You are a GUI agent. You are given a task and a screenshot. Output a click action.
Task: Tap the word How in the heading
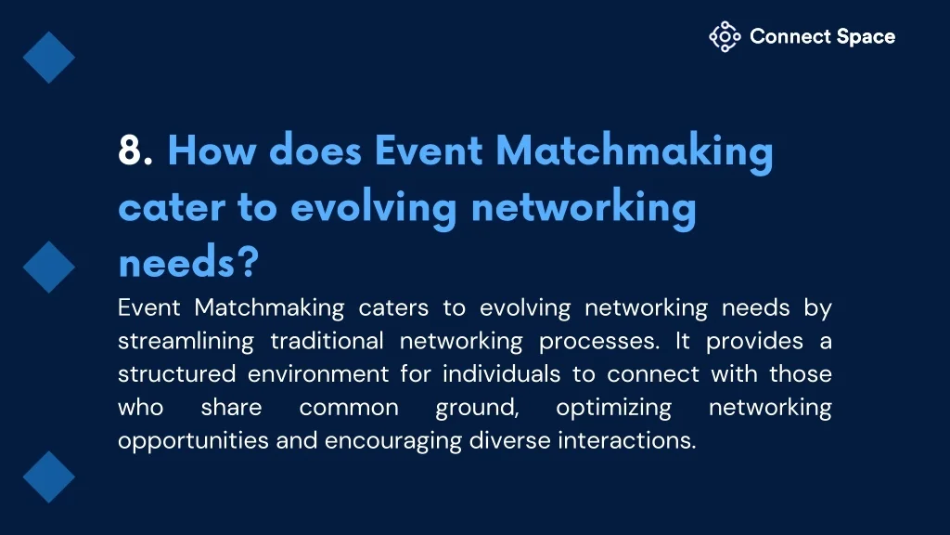coord(212,150)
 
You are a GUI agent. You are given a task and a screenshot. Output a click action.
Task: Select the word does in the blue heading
coord(315,150)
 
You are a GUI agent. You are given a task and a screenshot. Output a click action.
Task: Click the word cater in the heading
coord(172,207)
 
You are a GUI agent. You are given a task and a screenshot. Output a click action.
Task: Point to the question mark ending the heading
coord(248,263)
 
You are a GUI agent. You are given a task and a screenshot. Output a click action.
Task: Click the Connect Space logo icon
coord(725,36)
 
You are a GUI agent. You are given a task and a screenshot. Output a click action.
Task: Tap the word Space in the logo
coord(866,36)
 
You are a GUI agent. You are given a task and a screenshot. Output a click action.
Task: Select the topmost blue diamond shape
coord(49,58)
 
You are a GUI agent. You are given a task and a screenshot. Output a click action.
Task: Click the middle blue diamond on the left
coord(49,267)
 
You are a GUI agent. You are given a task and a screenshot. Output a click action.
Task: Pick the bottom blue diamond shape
coord(49,476)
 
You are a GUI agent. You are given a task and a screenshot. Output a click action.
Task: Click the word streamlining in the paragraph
coord(186,342)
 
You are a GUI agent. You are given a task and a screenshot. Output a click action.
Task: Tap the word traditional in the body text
coord(327,341)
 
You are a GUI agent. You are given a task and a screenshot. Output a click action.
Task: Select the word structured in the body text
coord(176,373)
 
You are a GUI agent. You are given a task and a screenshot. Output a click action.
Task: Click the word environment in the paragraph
coord(318,374)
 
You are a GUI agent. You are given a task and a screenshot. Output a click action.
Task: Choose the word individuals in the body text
coord(501,373)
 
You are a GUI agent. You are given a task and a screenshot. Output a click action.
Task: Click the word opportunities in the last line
coord(193,441)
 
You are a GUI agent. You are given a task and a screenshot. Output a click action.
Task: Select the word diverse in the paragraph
coord(509,440)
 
